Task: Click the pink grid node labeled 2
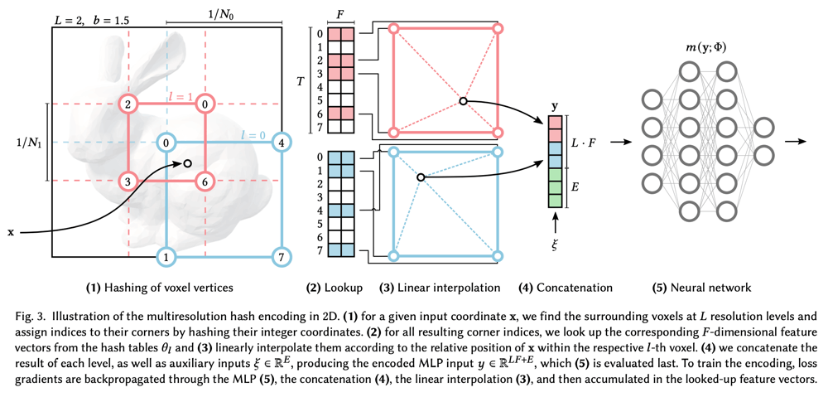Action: [x=128, y=104]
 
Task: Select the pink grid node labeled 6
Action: [x=205, y=181]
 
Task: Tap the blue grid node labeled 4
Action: [x=282, y=143]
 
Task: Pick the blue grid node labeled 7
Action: [x=282, y=258]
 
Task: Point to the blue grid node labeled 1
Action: [x=166, y=258]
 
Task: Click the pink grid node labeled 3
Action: [x=128, y=181]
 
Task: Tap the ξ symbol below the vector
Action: [x=555, y=246]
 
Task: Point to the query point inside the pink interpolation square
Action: [x=463, y=101]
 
